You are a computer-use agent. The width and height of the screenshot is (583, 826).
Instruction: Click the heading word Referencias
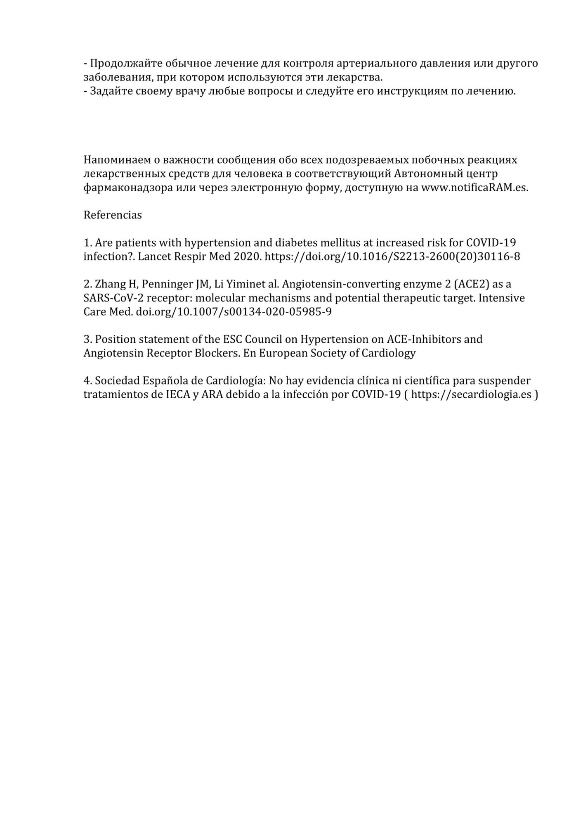tap(113, 215)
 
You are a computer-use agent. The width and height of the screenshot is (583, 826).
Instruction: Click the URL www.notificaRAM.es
tap(474, 188)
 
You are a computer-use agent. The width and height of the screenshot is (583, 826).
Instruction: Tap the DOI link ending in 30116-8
tap(392, 256)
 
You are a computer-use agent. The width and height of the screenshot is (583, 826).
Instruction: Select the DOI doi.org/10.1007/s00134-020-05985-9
tap(234, 312)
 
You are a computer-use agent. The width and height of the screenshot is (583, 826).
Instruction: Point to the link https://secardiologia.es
tap(471, 394)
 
